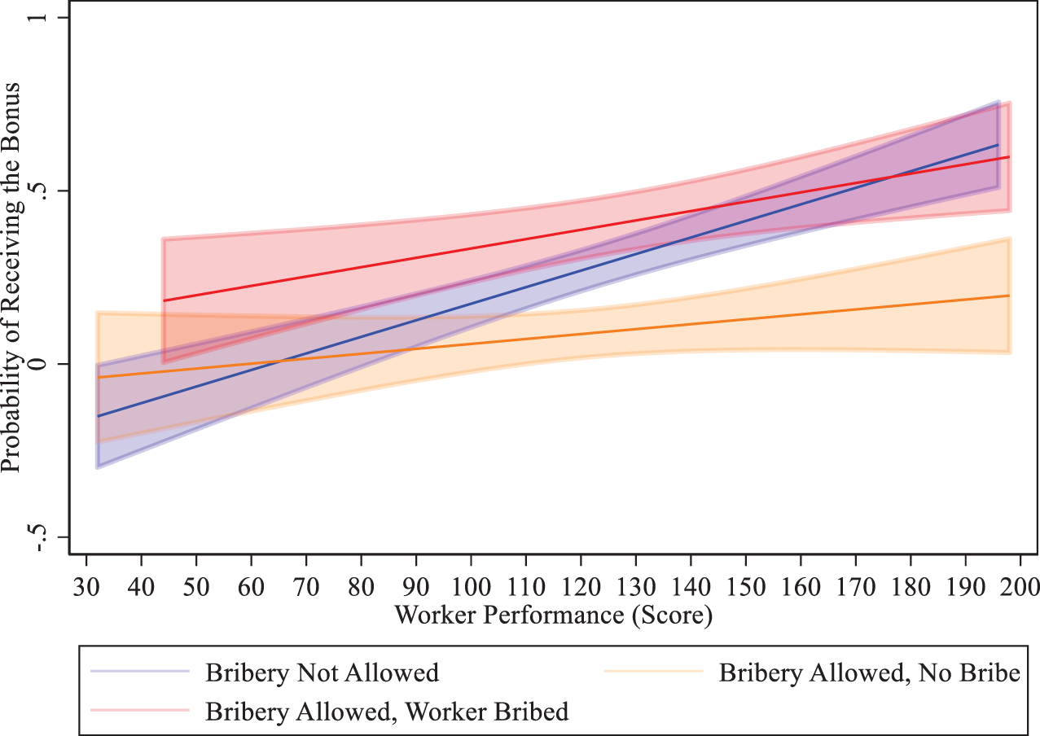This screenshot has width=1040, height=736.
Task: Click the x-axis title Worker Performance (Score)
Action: pos(553,616)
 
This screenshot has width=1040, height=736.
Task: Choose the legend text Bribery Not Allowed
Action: pos(322,672)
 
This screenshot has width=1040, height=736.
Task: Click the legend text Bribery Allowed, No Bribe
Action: pos(869,672)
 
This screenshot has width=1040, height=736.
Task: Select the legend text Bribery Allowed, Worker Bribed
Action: pos(387,711)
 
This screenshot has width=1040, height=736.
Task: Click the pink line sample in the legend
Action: pos(139,710)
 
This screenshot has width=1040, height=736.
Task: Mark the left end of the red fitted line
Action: pos(164,301)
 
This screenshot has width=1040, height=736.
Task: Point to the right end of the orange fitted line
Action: pos(1009,296)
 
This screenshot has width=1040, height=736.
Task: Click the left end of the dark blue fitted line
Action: pos(98,416)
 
